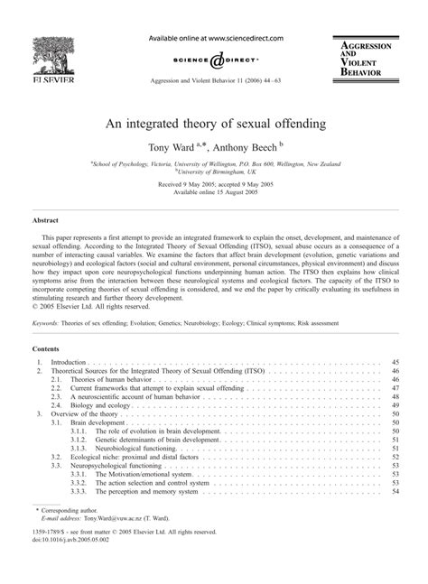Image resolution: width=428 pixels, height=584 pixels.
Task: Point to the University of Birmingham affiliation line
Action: pos(214,170)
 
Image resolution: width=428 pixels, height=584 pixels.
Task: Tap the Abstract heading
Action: pos(46,219)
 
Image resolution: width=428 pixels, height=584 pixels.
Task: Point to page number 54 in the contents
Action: pos(394,492)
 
